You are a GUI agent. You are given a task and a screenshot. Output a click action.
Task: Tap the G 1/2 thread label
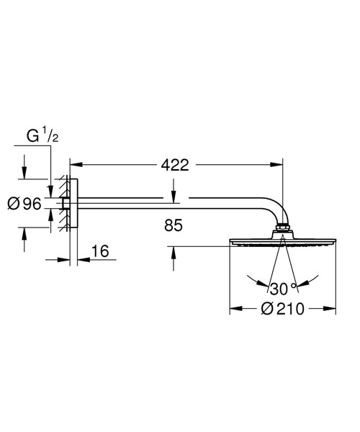point(37,135)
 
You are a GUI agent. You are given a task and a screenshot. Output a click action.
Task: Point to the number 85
point(174,226)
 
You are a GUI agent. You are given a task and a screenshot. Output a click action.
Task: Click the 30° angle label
point(283,288)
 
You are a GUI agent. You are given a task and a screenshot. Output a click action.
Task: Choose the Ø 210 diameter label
point(283,310)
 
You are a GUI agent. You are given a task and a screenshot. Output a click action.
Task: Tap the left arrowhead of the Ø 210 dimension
point(233,310)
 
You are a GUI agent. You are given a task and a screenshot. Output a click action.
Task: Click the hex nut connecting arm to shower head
point(282,232)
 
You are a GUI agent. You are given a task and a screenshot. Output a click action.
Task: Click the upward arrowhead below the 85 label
point(174,250)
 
